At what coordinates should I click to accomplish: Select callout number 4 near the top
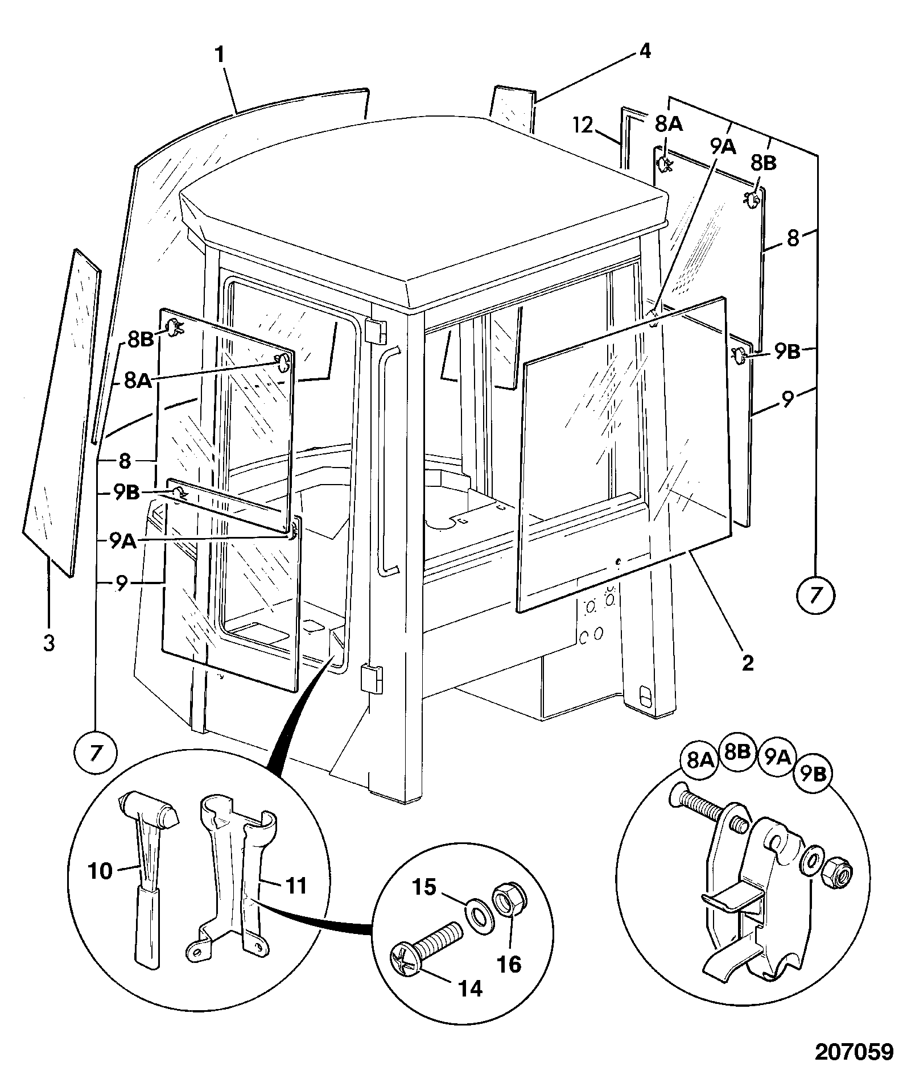point(644,51)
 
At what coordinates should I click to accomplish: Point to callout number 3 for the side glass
point(49,644)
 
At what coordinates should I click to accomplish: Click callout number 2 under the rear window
point(748,663)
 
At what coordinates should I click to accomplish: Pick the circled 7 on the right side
point(815,595)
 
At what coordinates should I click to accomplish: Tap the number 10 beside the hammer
point(101,871)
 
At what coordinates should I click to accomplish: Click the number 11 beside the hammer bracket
point(294,885)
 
